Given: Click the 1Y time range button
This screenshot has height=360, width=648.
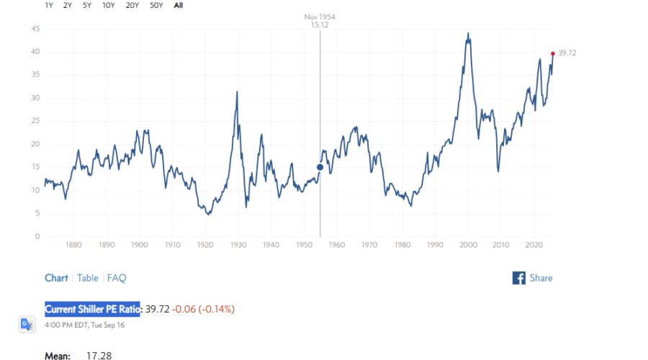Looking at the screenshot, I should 49,5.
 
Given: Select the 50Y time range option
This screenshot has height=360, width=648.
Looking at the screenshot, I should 156,5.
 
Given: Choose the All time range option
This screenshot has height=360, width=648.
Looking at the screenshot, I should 179,5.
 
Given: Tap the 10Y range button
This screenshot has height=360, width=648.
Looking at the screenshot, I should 109,5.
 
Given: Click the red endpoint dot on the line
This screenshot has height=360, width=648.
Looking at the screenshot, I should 552,53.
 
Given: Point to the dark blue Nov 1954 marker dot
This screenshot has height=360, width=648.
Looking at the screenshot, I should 320,167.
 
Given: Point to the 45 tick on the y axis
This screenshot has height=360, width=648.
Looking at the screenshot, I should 35,29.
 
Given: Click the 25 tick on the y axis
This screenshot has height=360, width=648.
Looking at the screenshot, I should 35,121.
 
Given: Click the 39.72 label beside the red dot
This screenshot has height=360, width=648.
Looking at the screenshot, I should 567,53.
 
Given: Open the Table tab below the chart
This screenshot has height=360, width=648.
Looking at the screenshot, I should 88,278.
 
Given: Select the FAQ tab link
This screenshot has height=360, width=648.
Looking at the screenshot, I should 117,278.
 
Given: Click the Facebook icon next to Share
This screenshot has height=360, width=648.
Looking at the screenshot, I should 518,278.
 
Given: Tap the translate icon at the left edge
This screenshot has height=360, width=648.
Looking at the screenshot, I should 27,324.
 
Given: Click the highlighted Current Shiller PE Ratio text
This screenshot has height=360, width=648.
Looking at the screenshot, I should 92,309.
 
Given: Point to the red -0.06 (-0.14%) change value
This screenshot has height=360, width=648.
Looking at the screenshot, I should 204,309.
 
